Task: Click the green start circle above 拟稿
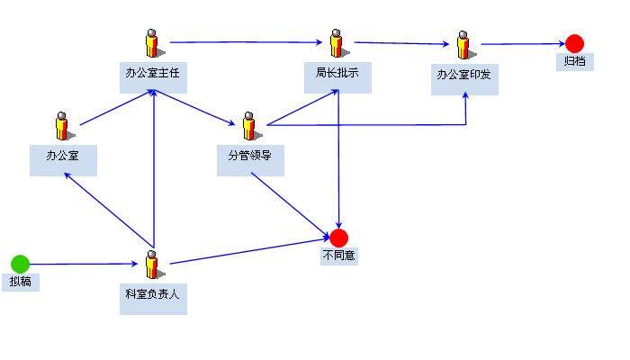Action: click(x=20, y=264)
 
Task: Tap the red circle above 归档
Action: click(x=574, y=43)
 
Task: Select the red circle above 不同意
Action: click(x=338, y=238)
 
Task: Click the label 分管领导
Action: click(x=250, y=156)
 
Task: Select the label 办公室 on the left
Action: click(x=63, y=155)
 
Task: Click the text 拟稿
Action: click(x=20, y=282)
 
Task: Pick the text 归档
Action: click(x=574, y=62)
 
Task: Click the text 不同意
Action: click(x=338, y=256)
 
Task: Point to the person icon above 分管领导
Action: click(x=248, y=126)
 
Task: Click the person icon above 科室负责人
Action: click(x=152, y=265)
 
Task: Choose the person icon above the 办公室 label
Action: click(x=62, y=125)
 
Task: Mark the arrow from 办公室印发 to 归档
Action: click(x=522, y=43)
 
